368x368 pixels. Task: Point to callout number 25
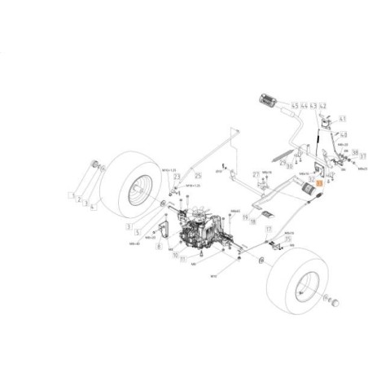click(x=196, y=176)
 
